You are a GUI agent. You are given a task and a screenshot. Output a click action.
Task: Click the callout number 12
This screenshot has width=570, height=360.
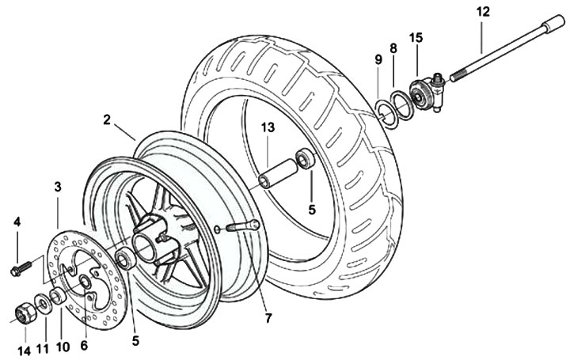[483, 11]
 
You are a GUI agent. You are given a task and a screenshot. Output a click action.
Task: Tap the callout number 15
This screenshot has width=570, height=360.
[416, 38]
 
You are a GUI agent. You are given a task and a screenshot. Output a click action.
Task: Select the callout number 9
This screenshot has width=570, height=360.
[378, 59]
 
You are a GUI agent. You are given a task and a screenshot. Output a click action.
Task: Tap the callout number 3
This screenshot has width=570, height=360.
[58, 187]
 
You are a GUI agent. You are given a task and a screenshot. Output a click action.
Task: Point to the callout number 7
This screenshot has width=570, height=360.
[268, 319]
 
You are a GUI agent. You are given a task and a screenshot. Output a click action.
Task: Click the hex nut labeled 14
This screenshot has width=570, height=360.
[24, 313]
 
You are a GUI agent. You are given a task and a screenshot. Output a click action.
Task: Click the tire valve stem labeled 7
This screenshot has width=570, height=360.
[243, 225]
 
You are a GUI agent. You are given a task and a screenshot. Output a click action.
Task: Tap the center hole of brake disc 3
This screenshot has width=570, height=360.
[84, 282]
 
